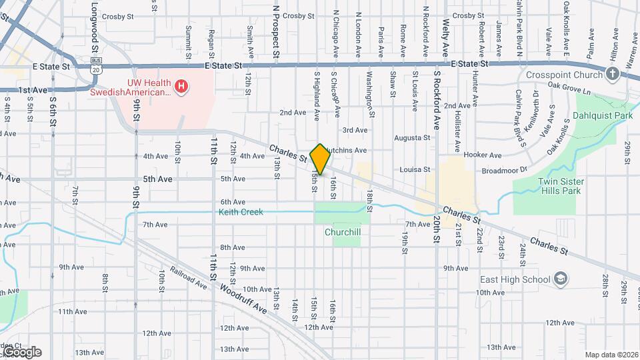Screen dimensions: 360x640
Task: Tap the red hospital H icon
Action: (180, 86)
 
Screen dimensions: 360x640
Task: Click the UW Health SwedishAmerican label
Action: (131, 86)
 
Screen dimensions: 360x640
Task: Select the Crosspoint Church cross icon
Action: (612, 74)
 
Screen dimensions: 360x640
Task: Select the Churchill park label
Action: (343, 233)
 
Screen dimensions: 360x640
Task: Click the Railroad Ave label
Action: (188, 278)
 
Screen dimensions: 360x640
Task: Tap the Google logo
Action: (21, 351)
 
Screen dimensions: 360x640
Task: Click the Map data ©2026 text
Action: (611, 355)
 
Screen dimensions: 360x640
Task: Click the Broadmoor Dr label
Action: (505, 170)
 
